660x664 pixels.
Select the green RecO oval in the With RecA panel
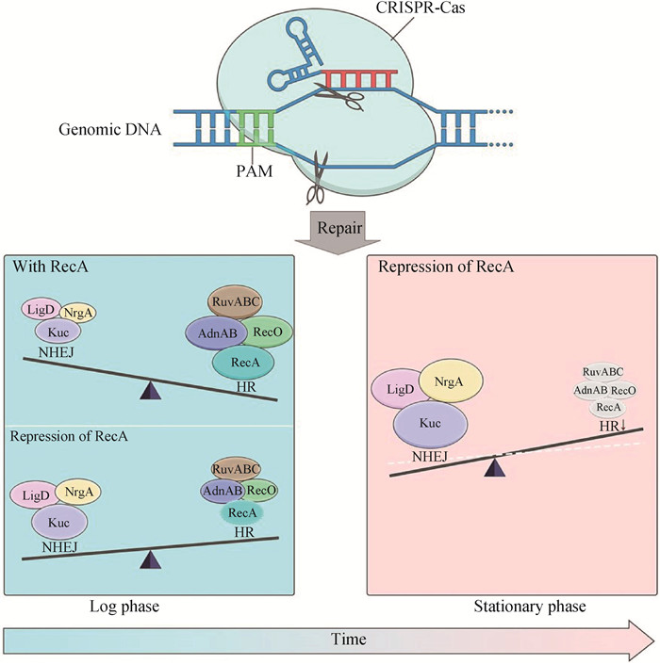[271, 332]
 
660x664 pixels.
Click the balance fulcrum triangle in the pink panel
[492, 465]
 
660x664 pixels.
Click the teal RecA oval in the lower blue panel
[240, 512]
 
